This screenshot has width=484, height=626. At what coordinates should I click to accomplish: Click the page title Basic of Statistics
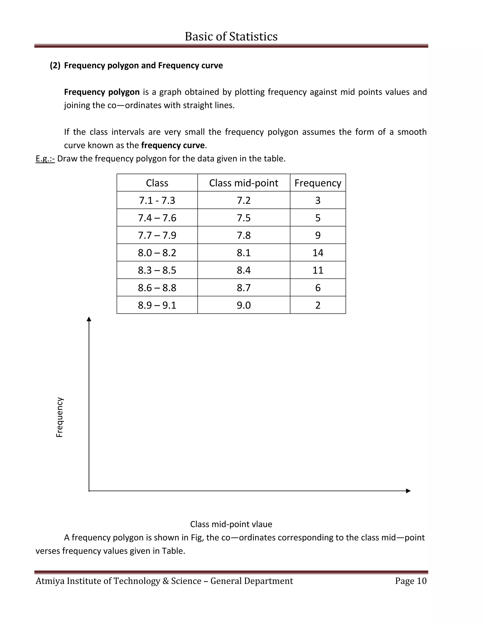231,36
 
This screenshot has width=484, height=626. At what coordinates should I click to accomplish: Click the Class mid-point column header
243,183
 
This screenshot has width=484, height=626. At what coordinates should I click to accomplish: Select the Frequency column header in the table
318,183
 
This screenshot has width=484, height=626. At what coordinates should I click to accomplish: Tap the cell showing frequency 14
318,253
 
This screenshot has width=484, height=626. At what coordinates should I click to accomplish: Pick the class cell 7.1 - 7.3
157,200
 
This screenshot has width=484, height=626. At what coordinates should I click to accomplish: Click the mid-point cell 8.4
243,270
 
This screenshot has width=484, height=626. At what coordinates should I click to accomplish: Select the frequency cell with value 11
318,270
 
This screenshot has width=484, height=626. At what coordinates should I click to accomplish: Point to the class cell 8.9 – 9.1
157,305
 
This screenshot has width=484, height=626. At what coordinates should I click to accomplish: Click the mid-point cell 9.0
243,305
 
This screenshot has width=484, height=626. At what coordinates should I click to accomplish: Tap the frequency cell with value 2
318,305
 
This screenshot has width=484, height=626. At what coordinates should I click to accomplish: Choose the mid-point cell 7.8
243,235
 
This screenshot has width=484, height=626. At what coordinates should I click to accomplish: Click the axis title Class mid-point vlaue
231,524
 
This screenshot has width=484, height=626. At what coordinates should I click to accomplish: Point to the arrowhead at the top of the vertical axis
89,319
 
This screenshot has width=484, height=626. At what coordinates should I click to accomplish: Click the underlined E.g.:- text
45,159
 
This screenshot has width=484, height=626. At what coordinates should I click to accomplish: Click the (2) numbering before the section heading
55,65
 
